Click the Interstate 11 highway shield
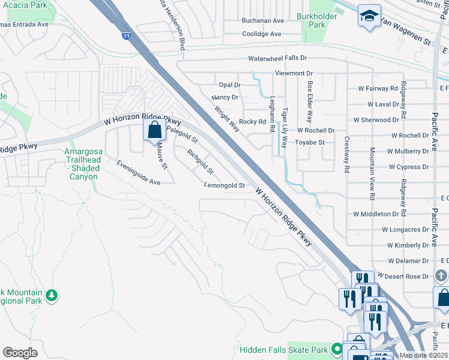click(x=126, y=37)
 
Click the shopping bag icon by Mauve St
click(x=154, y=129)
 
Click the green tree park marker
click(x=52, y=295)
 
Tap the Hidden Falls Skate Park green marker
click(x=337, y=349)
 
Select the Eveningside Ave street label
click(x=139, y=172)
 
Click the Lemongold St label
click(x=224, y=186)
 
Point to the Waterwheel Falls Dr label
click(x=277, y=58)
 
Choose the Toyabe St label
click(x=310, y=142)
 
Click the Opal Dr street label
click(x=229, y=85)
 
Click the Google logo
click(x=20, y=353)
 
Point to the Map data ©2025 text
click(x=423, y=355)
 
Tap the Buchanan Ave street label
click(x=262, y=20)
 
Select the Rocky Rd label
click(x=252, y=121)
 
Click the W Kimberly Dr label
click(x=408, y=245)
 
